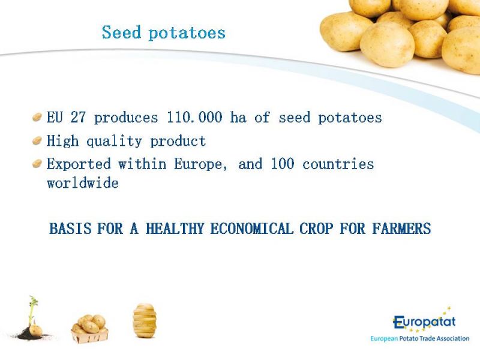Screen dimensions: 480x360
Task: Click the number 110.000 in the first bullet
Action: [194, 117]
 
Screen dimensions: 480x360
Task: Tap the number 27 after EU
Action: [78, 117]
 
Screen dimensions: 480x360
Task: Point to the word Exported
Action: [79, 164]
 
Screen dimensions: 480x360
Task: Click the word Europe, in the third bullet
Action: [201, 164]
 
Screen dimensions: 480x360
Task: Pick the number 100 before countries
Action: [283, 164]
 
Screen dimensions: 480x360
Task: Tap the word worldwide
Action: [83, 183]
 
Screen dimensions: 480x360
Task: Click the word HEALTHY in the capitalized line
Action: [175, 229]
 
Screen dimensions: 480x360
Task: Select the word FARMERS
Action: [401, 229]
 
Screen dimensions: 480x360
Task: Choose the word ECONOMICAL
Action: [251, 229]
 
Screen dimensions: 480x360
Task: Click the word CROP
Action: [316, 229]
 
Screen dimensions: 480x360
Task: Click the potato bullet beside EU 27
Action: [37, 117]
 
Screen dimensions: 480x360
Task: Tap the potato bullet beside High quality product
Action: [37, 141]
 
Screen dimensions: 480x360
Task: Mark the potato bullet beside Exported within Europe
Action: [37, 164]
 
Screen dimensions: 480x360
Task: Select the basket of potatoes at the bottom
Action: [89, 329]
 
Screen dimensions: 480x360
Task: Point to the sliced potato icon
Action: [145, 320]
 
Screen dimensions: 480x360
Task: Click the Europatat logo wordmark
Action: [424, 322]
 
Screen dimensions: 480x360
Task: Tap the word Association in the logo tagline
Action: [453, 338]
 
